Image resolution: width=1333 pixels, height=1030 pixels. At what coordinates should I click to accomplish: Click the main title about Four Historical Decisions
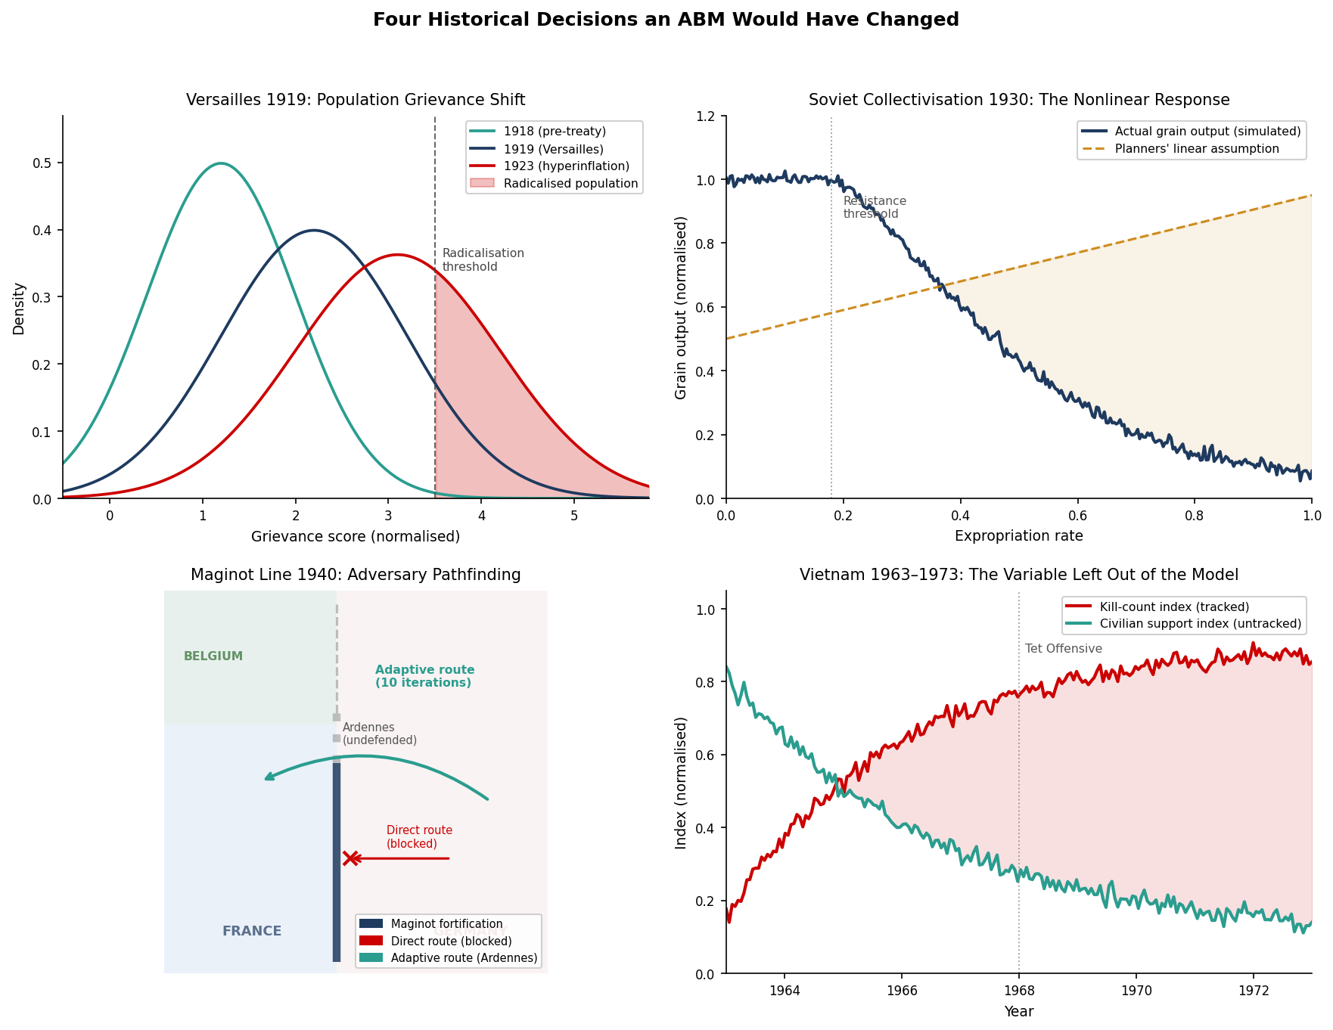666,20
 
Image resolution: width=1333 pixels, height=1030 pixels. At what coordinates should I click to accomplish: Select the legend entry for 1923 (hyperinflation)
566,166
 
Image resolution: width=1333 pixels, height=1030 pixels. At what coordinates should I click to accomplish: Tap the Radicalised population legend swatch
482,183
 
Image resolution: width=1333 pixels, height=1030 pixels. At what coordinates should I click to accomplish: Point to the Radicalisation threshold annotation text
483,260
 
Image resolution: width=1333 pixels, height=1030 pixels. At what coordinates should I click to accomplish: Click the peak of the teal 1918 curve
220,163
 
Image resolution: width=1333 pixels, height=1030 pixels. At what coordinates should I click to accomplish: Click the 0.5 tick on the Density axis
46,163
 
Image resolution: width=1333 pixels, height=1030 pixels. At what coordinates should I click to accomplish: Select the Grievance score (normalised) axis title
356,536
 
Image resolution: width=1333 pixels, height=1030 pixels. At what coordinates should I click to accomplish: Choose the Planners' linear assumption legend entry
1196,149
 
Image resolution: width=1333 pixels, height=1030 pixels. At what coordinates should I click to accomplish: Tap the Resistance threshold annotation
874,207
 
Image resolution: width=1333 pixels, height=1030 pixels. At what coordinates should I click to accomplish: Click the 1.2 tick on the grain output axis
710,116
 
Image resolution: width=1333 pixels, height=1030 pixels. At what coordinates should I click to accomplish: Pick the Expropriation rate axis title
1018,536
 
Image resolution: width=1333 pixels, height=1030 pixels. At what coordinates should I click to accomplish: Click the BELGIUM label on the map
213,656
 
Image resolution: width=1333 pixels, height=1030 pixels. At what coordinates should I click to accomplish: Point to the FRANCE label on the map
252,931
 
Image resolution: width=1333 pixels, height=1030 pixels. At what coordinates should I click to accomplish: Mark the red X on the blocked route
350,858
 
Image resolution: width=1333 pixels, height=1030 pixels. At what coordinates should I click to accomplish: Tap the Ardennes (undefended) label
379,734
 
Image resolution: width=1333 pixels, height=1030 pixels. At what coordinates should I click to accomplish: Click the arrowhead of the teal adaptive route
268,777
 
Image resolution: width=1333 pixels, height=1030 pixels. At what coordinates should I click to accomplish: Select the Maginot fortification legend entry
446,924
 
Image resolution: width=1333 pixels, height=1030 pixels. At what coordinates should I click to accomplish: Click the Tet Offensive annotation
1063,649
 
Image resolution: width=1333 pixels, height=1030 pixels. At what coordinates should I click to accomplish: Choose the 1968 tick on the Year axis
1018,990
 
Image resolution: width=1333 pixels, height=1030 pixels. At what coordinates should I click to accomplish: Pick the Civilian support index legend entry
1200,624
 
